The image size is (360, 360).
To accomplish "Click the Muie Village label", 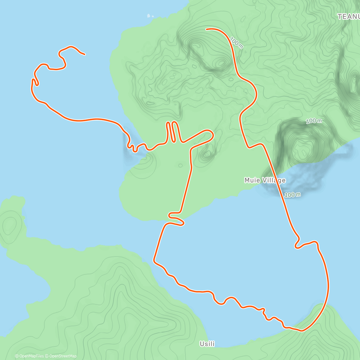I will pyautogui.click(x=265, y=180).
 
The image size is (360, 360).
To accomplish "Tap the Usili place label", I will pyautogui.click(x=207, y=344).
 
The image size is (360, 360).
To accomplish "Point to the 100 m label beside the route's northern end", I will pyautogui.click(x=236, y=43).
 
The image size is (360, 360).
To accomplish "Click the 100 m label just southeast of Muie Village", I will pyautogui.click(x=292, y=195).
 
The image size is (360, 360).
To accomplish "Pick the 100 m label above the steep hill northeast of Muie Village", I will pyautogui.click(x=314, y=121).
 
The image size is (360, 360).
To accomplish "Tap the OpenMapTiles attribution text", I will pyautogui.click(x=29, y=356).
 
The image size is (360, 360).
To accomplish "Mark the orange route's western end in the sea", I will pyautogui.click(x=85, y=55).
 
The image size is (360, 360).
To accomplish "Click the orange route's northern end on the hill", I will pyautogui.click(x=206, y=29).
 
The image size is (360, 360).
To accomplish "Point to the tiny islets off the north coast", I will pyautogui.click(x=150, y=16).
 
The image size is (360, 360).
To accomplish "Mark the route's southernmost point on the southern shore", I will pyautogui.click(x=302, y=331).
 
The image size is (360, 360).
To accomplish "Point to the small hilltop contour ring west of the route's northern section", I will pyautogui.click(x=221, y=63).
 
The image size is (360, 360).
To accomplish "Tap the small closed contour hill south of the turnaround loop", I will pyautogui.click(x=206, y=154).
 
